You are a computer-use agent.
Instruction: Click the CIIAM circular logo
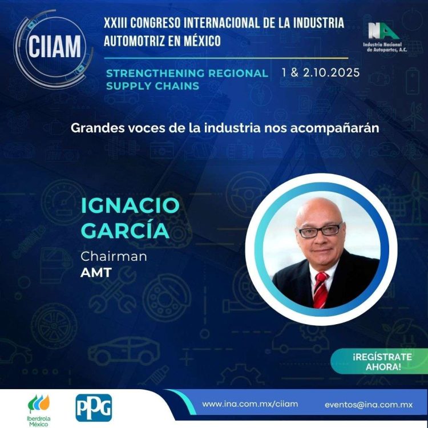[54, 49]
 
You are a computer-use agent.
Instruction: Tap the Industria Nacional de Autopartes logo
[385, 37]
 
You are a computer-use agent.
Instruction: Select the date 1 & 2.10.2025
[321, 72]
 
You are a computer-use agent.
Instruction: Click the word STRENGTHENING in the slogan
[155, 73]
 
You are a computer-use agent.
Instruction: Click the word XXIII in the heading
[115, 23]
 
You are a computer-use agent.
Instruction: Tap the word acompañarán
[334, 128]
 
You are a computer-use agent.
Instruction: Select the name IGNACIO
[130, 205]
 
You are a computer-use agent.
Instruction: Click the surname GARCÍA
[125, 230]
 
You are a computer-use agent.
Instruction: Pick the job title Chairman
[114, 257]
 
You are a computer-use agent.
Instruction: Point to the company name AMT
[96, 272]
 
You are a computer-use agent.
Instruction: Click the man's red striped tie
[320, 290]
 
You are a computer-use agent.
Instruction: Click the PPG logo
[94, 408]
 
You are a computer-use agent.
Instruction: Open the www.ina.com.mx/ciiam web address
[250, 404]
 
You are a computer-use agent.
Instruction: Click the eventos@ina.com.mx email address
[369, 405]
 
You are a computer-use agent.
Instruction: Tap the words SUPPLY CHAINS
[152, 86]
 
